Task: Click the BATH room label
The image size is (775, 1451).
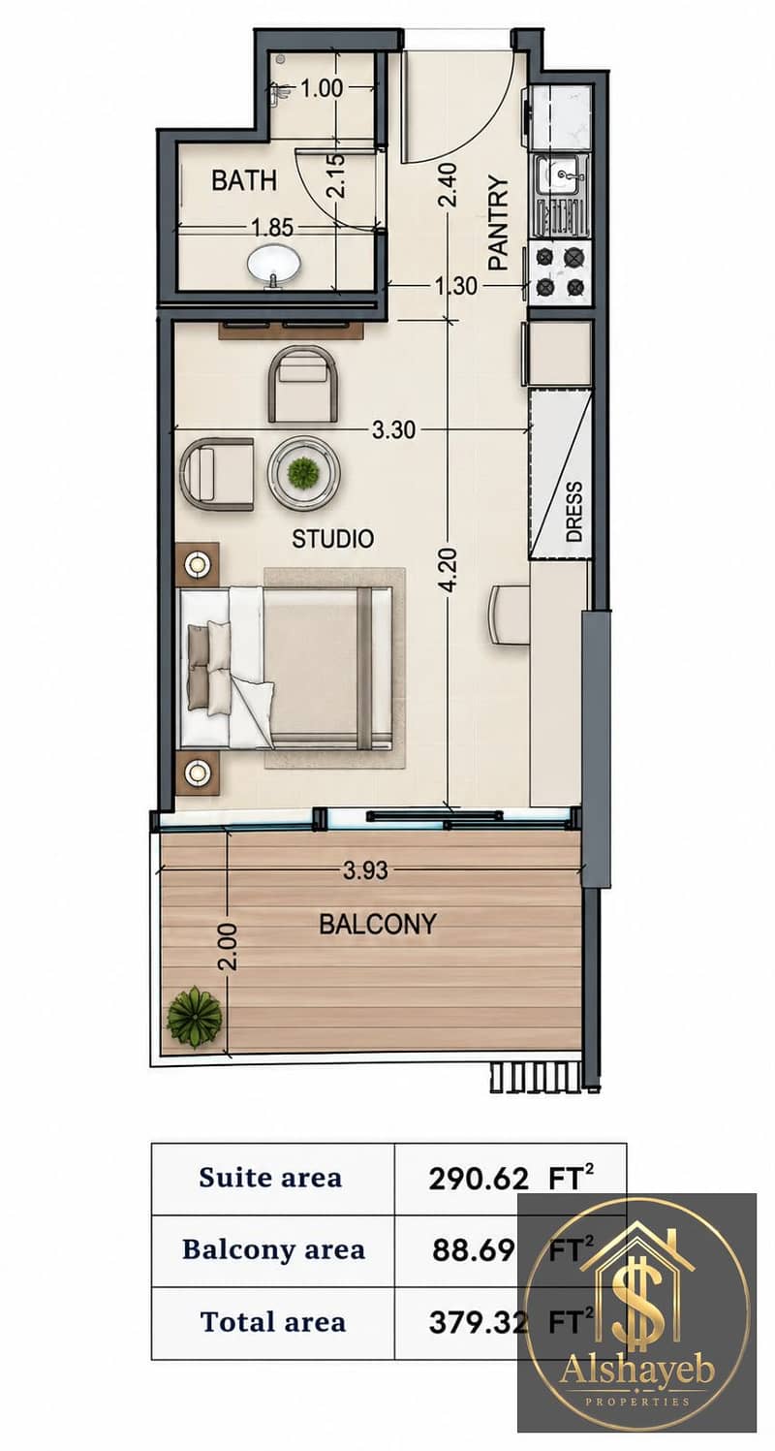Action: (244, 180)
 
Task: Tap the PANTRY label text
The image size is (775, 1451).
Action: (499, 222)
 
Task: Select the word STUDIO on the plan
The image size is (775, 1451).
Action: (333, 538)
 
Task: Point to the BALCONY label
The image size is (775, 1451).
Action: (378, 924)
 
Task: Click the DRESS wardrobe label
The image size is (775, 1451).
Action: (574, 512)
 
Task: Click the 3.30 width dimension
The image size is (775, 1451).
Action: (393, 429)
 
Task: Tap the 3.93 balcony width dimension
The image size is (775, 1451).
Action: (366, 870)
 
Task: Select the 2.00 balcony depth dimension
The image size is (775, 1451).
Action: (228, 946)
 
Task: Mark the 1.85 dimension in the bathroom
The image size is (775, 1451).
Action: (272, 228)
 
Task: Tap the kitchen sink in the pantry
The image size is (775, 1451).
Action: (561, 176)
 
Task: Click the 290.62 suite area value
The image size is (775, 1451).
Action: (478, 1179)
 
